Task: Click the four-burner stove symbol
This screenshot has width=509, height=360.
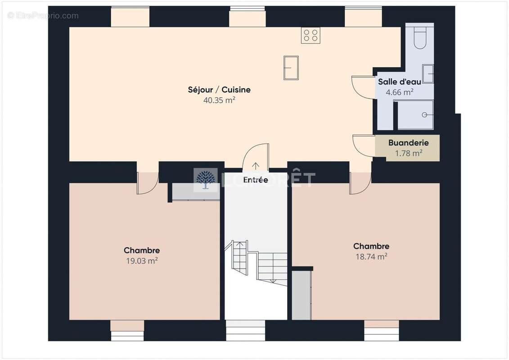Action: click(311, 36)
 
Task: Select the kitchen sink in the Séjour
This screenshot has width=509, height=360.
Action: click(291, 67)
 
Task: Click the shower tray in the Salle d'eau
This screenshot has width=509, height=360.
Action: click(414, 115)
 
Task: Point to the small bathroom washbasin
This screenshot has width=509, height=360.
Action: click(428, 74)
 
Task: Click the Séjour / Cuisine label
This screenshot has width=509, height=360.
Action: click(219, 90)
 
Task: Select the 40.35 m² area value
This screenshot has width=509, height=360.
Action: click(219, 100)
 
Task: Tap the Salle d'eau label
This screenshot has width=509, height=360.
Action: click(399, 82)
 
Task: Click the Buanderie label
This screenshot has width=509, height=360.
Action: click(408, 143)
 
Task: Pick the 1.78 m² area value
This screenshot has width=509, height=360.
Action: click(408, 153)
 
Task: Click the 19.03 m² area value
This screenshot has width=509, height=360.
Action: click(141, 261)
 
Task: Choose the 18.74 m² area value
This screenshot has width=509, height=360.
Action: click(371, 256)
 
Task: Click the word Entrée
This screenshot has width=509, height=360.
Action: click(256, 180)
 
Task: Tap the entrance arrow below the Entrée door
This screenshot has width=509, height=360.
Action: click(256, 166)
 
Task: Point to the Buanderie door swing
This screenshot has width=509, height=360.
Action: click(364, 145)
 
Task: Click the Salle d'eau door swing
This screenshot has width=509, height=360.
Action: click(363, 87)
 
